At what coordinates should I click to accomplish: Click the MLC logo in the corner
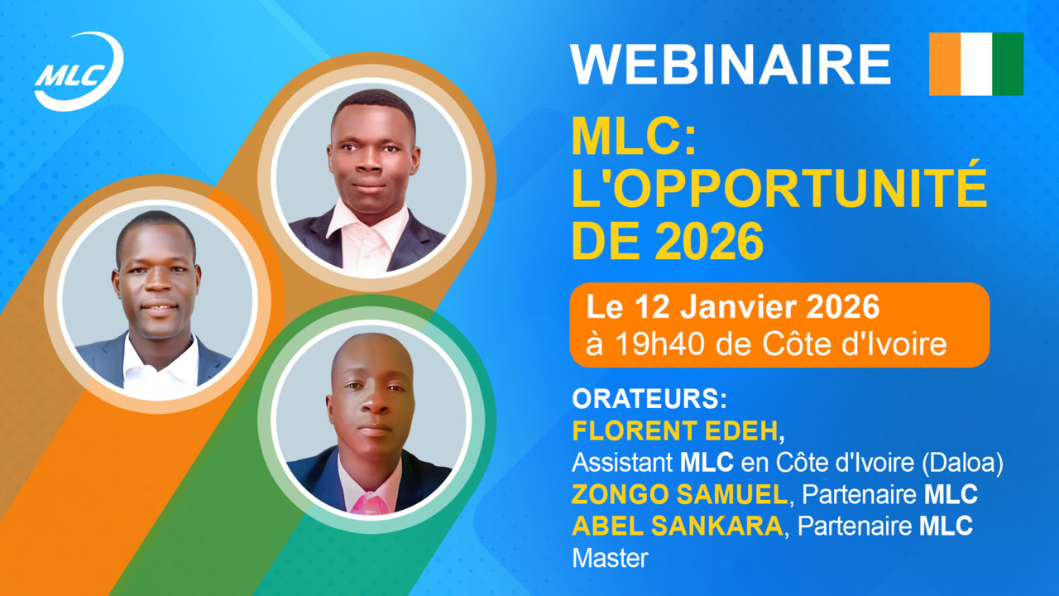point(79,71)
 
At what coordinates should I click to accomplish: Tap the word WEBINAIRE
point(731,65)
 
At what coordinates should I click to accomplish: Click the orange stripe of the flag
point(945,64)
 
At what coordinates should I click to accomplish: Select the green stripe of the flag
point(1008,64)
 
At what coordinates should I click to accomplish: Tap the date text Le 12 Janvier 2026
point(733,307)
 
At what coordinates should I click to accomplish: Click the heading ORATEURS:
point(649,399)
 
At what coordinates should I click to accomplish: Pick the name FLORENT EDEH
point(675,431)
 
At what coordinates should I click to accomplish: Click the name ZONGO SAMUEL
point(679,494)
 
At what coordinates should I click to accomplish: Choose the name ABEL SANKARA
point(678,526)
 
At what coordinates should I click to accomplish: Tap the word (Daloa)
point(962,463)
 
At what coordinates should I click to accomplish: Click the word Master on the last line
point(610,559)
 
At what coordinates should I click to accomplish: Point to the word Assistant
point(622,463)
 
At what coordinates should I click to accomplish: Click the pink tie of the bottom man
point(370,502)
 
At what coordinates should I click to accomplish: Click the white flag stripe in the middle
point(977,64)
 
